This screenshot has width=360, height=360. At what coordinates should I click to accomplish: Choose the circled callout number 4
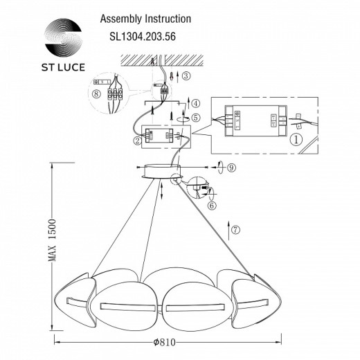[196, 103]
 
